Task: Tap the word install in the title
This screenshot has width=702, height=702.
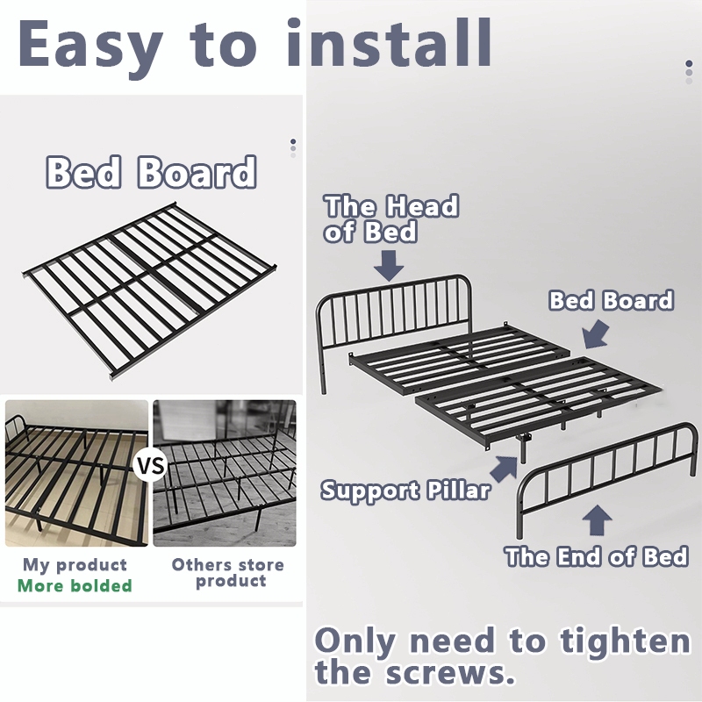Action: pos(389,43)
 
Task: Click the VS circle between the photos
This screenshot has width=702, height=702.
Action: pos(150,466)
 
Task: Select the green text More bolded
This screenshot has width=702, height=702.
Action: pos(75,585)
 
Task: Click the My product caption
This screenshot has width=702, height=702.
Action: pos(75,565)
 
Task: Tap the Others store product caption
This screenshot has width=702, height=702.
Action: pos(228,573)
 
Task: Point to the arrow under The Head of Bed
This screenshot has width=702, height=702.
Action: pos(389,265)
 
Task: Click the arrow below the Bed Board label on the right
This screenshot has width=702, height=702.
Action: pos(596,335)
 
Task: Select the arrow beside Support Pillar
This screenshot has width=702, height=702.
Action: pos(505,469)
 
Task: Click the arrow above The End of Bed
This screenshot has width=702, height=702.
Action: pos(598,520)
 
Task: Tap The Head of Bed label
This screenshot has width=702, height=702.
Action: pos(391,218)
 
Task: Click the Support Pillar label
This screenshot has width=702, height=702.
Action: pos(405,491)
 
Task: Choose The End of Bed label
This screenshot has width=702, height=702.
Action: pos(597,556)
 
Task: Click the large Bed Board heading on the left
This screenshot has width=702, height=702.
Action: pos(151,172)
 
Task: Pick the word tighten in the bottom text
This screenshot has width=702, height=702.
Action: pos(625,641)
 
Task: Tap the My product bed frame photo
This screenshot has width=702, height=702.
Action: pos(76,473)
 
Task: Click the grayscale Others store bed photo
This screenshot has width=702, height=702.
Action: pos(225,473)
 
